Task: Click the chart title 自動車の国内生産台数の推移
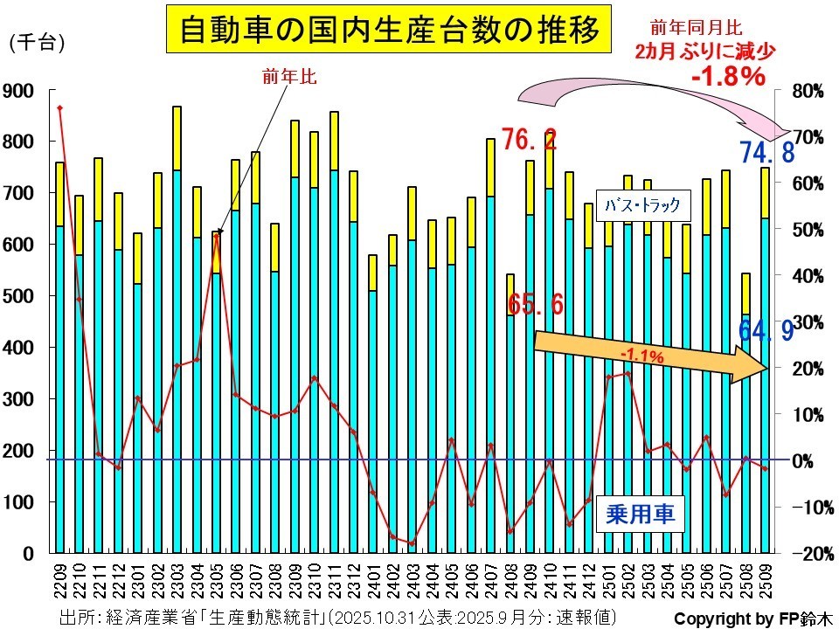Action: (x=390, y=31)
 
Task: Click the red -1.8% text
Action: (x=728, y=76)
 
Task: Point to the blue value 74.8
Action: (x=766, y=153)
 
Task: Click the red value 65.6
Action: (x=535, y=304)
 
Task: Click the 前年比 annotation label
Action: (x=288, y=76)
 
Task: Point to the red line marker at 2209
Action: (x=59, y=108)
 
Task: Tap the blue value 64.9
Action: (x=766, y=331)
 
